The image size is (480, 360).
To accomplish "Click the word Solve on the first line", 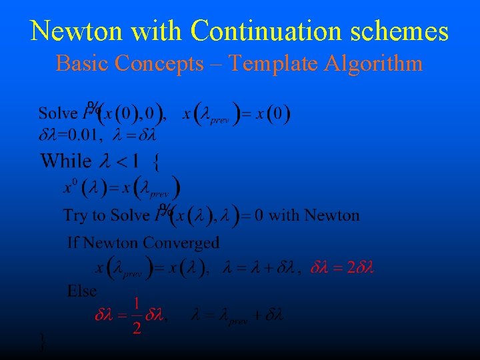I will (58, 113).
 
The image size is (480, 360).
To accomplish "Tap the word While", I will (66, 160).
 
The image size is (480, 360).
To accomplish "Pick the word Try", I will (75, 215).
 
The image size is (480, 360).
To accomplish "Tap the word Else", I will (82, 291).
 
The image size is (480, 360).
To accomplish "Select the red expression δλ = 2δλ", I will (343, 268).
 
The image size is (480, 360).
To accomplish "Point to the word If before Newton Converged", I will (73, 243).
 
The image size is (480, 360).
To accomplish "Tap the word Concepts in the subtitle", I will (159, 63).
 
